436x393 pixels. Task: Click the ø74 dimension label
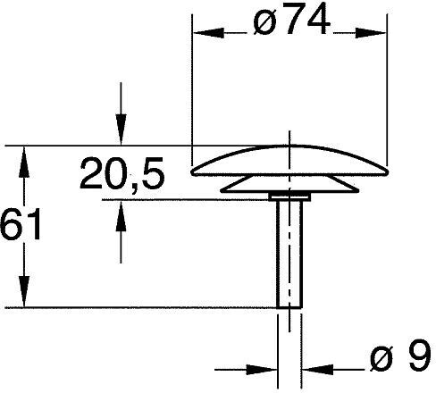(291, 21)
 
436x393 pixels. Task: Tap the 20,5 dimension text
(122, 174)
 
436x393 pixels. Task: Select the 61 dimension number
(21, 224)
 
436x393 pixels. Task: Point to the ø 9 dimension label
(400, 356)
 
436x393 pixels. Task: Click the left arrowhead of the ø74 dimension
(208, 33)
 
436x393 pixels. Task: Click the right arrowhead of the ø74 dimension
(371, 33)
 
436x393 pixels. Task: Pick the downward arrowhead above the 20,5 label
(121, 130)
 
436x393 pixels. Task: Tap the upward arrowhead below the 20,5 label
(121, 216)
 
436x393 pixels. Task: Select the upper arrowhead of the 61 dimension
(24, 162)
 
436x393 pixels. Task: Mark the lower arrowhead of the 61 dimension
(24, 291)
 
